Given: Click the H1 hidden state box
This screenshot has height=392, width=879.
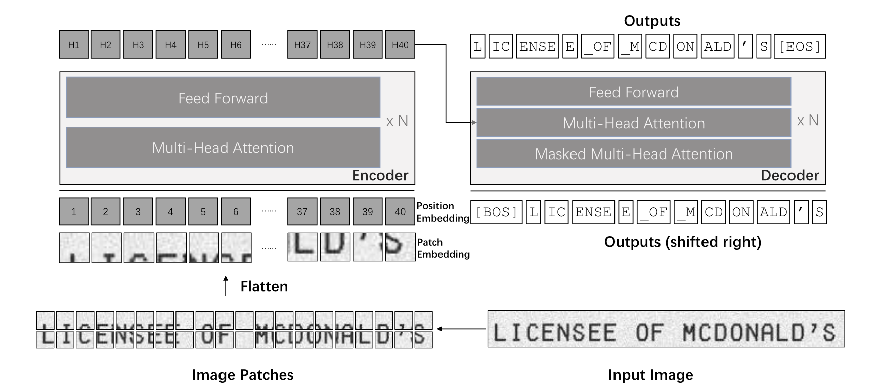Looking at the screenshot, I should (x=74, y=45).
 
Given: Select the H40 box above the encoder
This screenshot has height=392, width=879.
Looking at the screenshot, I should (x=400, y=45).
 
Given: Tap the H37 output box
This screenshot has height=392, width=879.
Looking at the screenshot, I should (x=302, y=45).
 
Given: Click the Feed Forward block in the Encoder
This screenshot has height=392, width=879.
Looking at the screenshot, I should (x=223, y=98).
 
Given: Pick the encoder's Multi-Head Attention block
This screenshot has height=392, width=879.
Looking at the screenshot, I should (x=223, y=147).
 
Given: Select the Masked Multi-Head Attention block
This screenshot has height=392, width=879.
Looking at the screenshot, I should (x=634, y=154).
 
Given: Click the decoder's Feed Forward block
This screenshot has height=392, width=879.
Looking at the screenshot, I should (x=634, y=92).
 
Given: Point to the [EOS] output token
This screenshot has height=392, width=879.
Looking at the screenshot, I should (x=800, y=47).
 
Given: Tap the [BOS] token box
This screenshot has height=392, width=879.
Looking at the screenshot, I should (x=497, y=212).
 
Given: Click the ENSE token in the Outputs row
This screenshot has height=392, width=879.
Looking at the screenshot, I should (x=537, y=47).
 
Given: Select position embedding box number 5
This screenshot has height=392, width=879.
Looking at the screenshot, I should (x=203, y=212).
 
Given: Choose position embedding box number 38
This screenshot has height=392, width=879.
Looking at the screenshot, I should (x=335, y=212).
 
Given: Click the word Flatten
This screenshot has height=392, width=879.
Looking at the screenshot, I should (x=264, y=286).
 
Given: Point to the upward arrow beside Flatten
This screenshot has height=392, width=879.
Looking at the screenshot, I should (x=226, y=286).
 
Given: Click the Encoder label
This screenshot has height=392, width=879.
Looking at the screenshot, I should (x=380, y=175).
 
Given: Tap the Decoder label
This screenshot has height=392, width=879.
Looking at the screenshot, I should (x=789, y=175).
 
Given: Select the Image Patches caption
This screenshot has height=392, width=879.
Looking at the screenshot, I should (x=242, y=375).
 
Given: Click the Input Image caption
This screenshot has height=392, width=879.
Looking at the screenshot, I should (x=650, y=375).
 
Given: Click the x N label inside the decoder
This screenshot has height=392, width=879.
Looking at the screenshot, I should (x=808, y=121).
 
